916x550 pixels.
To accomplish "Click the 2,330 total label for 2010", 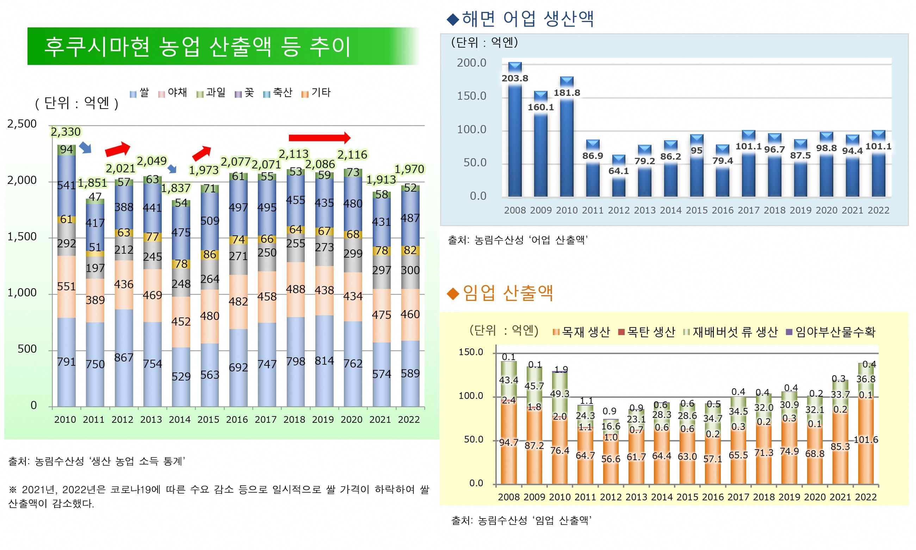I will coord(66,132).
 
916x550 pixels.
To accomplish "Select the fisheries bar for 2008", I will coord(515,141).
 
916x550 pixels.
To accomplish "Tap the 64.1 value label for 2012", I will coord(618,171).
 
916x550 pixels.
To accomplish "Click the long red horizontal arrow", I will coord(319,138).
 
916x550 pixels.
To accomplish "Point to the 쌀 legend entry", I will coord(139,93).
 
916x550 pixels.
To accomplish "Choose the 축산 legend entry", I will coord(278,93).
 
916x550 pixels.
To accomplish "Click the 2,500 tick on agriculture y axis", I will coord(22,124).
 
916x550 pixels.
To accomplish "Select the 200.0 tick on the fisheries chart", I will coord(471,63).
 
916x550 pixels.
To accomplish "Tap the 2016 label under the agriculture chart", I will coord(237,420).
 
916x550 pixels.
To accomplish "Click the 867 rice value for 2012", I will coord(123,358).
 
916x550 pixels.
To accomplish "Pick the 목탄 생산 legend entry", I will coord(646,332).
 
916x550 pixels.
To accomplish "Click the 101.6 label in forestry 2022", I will coord(866,440).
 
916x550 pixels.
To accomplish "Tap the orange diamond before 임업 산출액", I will coord(453,294).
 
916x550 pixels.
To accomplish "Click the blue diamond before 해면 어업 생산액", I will coord(453,19).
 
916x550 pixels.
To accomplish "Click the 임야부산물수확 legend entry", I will coord(830,332).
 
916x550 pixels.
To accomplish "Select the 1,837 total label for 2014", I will coord(176,188).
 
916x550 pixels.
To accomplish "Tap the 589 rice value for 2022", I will coord(410,373).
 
